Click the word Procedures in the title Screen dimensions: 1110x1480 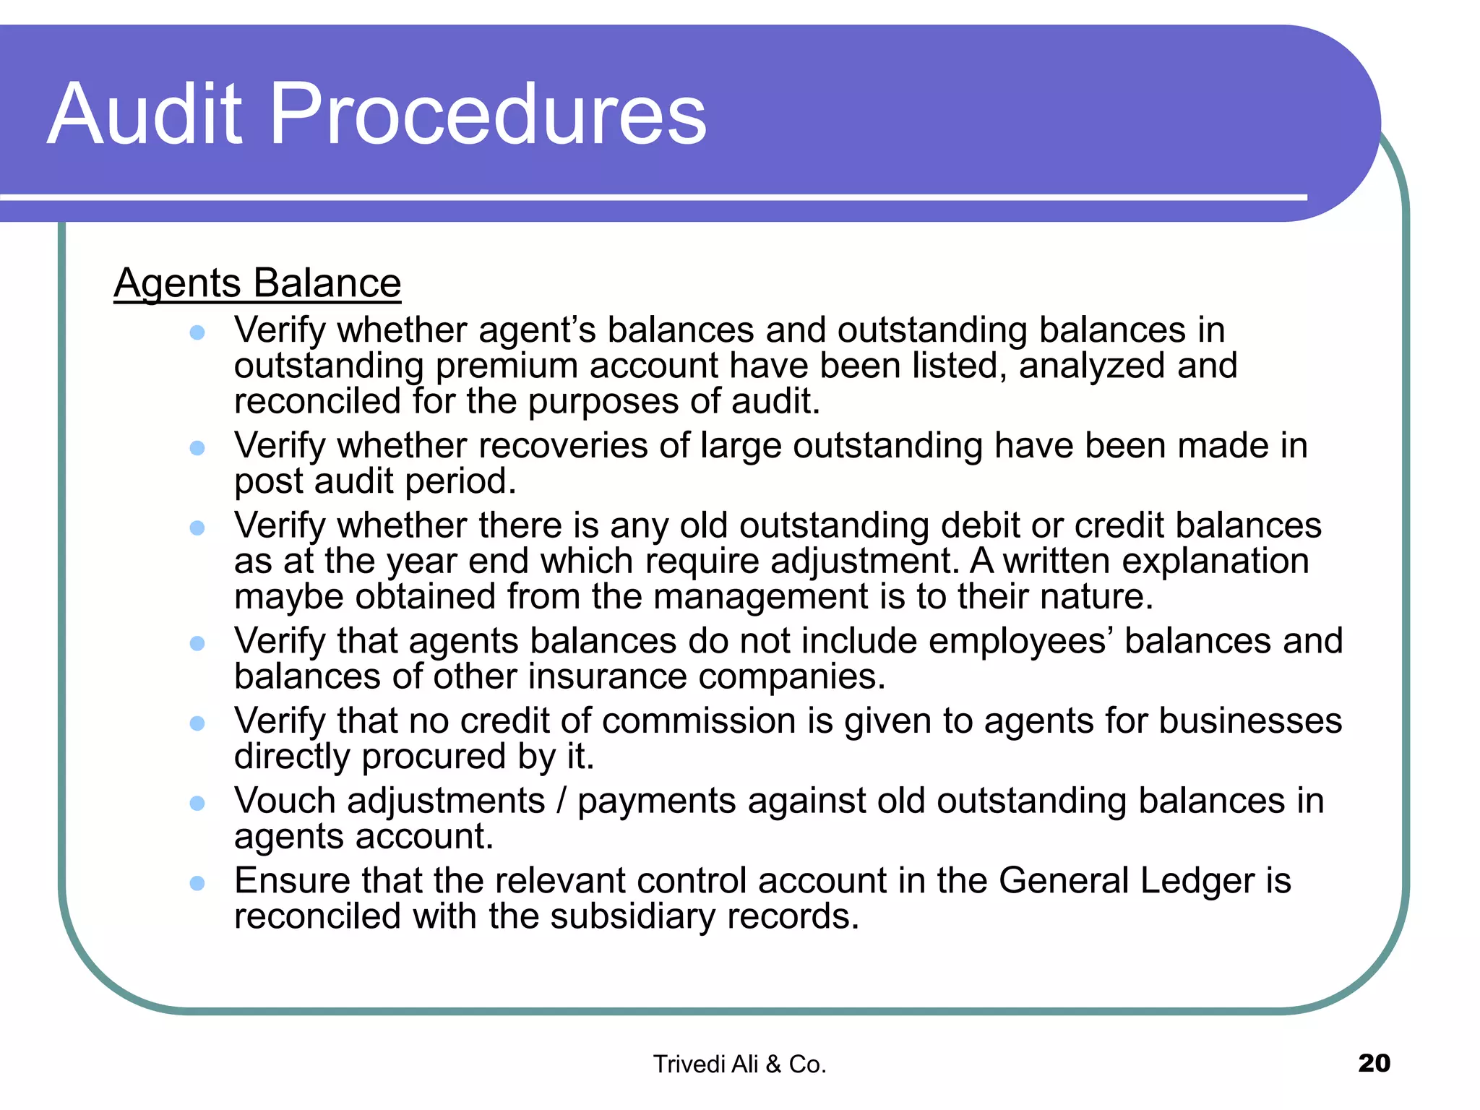coord(488,113)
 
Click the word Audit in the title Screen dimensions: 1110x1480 coord(145,113)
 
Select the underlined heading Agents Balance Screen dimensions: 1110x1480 coord(257,283)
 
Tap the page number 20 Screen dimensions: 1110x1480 coord(1374,1063)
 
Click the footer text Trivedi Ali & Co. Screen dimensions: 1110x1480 coord(739,1064)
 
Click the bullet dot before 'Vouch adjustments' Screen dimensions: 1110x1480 coord(197,803)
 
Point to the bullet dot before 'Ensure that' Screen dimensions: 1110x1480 coord(197,882)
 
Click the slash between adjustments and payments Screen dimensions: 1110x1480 coord(562,801)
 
